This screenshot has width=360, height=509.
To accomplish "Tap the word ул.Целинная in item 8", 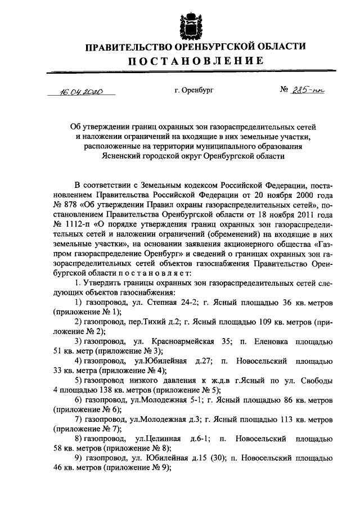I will [157, 440].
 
